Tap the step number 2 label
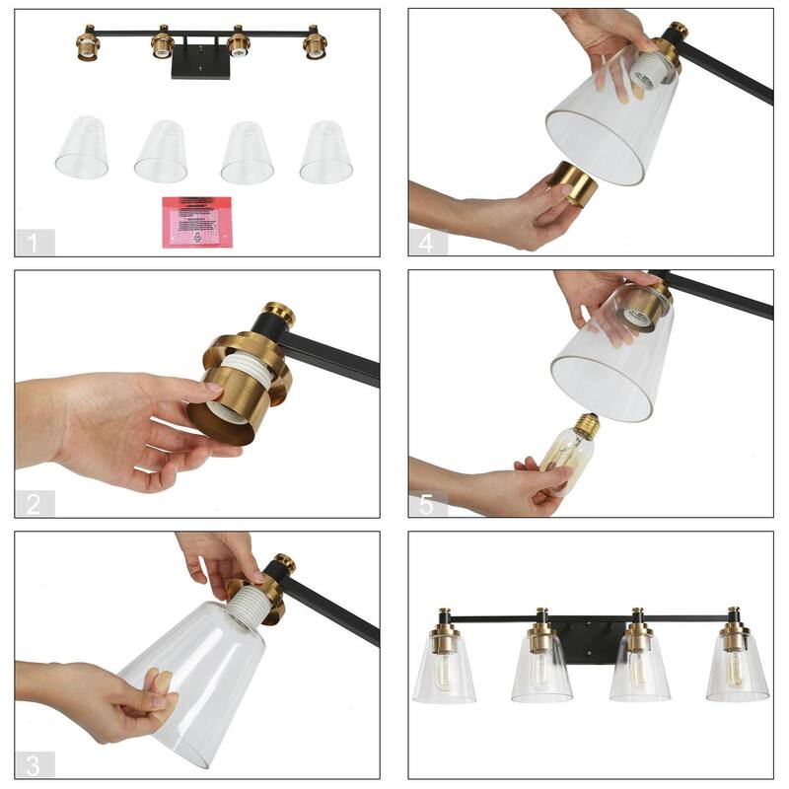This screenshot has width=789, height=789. tap(35, 504)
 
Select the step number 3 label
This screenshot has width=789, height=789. tap(35, 765)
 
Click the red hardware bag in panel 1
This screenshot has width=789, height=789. tap(197, 222)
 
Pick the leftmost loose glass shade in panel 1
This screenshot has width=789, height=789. tap(82, 149)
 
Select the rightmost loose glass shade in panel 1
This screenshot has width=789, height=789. tap(326, 152)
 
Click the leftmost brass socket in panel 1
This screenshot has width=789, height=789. tap(88, 44)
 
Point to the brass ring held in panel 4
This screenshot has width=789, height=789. tap(573, 182)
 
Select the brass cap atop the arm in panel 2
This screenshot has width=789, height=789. tap(279, 315)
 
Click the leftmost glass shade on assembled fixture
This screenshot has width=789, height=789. tap(444, 671)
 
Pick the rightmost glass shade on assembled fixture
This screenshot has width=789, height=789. tap(737, 671)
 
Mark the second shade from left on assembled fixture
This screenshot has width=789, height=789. tap(541, 671)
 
